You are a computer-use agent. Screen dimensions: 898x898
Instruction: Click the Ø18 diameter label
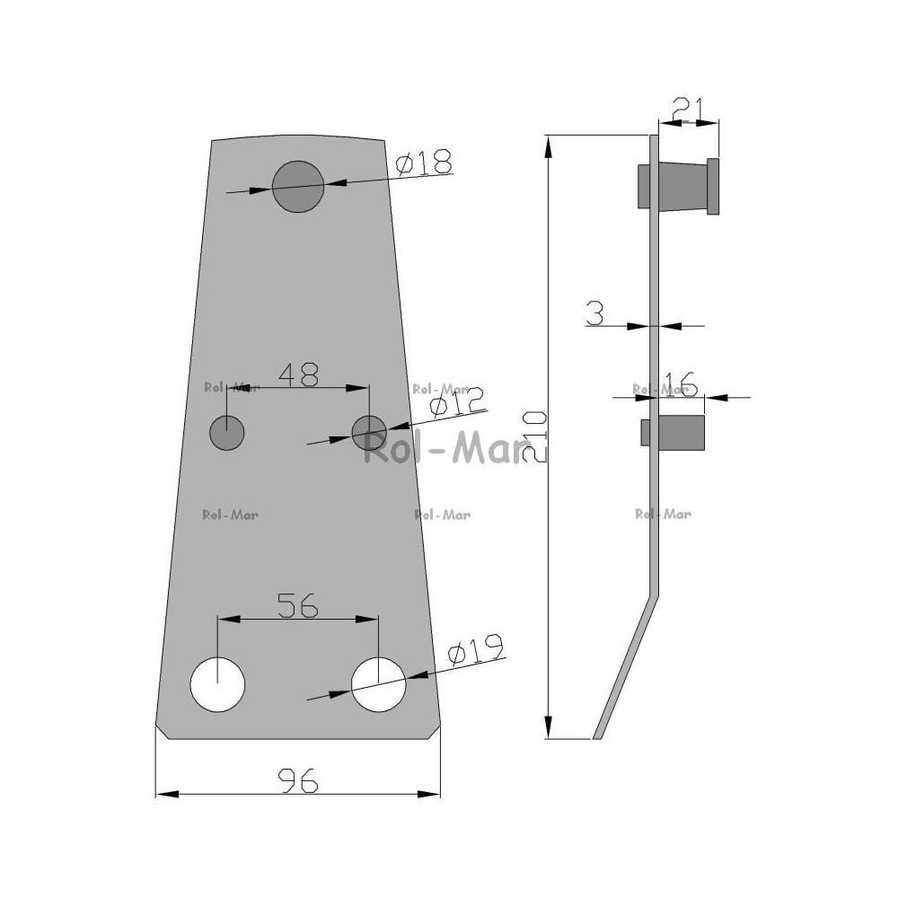tap(424, 162)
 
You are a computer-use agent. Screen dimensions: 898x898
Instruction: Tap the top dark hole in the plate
tap(298, 186)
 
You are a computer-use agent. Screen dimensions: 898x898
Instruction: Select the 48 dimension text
tap(298, 375)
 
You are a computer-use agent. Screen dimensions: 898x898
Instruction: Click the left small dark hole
tap(227, 433)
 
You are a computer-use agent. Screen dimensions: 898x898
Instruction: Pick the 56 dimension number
tap(298, 605)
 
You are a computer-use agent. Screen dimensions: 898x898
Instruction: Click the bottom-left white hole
tap(217, 684)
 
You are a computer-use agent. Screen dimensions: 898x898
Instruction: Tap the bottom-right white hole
tap(379, 684)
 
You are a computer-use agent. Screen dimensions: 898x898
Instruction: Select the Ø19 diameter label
tap(475, 649)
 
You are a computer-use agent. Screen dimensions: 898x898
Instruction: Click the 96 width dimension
tap(298, 780)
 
